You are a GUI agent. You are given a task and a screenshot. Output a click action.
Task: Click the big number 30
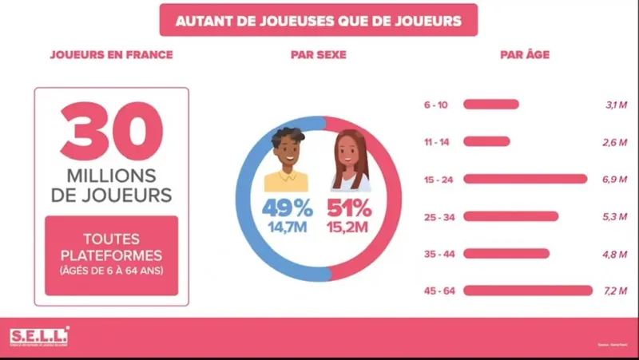pyautogui.click(x=112, y=130)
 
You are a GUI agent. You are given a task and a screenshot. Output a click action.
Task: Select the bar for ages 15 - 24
pyautogui.click(x=525, y=179)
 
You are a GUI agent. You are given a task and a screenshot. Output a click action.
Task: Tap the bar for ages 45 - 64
pyautogui.click(x=527, y=291)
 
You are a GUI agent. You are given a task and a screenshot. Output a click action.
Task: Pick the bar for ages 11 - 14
pyautogui.click(x=486, y=141)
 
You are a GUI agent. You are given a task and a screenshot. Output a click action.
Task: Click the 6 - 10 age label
pyautogui.click(x=438, y=104)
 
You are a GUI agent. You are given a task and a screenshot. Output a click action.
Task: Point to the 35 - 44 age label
pyautogui.click(x=440, y=254)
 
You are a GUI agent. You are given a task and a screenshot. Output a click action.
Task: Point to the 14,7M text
pyautogui.click(x=288, y=230)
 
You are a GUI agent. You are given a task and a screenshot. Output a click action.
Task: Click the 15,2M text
pyautogui.click(x=350, y=230)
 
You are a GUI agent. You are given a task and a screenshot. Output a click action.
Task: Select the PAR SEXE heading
pyautogui.click(x=319, y=55)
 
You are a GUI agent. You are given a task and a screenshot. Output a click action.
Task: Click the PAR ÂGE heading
pyautogui.click(x=524, y=55)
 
